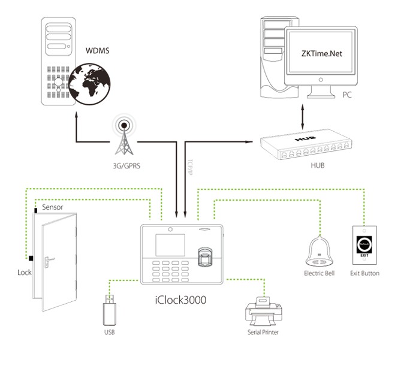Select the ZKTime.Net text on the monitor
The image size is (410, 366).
pos(318,52)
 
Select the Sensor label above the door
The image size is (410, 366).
pos(52,207)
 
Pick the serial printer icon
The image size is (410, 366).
pos(262,311)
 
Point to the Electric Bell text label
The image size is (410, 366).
pos(318,273)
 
